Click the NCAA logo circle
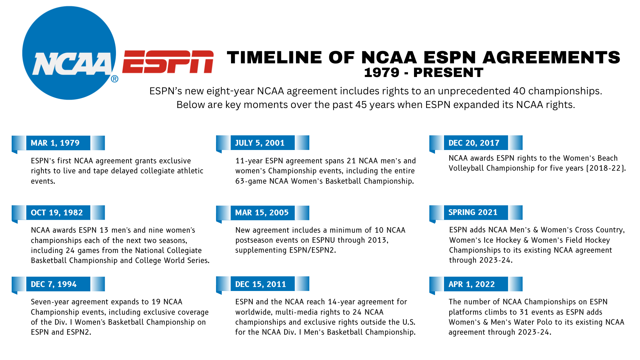[x=69, y=53]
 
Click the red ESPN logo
[x=168, y=62]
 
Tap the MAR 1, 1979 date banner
[x=58, y=143]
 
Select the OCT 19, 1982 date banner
[x=58, y=213]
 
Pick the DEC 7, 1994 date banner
[x=58, y=284]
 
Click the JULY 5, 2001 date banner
[x=263, y=143]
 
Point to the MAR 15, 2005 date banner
[x=263, y=213]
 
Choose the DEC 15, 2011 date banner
[x=263, y=284]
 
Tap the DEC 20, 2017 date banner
[x=476, y=143]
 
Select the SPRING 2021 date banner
[x=476, y=212]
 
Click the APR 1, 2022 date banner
[x=476, y=284]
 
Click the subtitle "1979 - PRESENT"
[x=423, y=73]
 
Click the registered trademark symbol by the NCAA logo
[x=114, y=79]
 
